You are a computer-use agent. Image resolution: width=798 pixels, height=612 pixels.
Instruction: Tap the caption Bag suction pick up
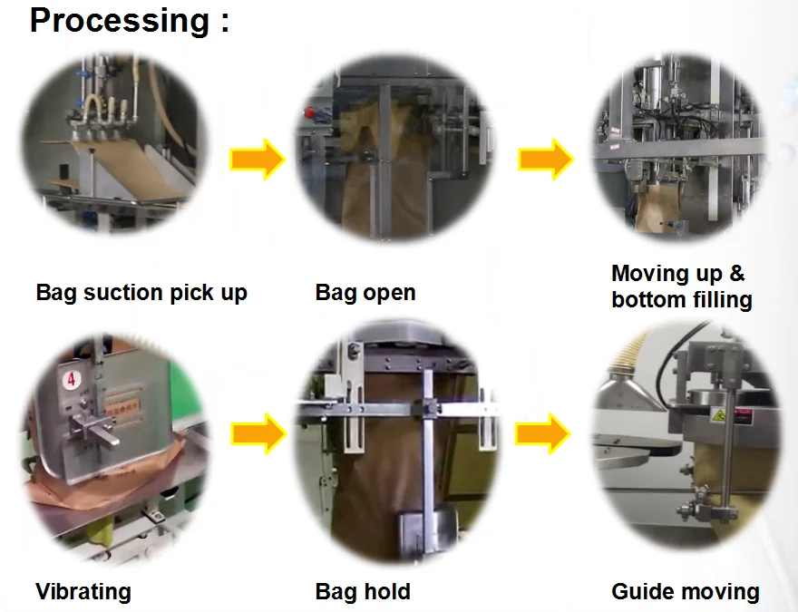click(141, 293)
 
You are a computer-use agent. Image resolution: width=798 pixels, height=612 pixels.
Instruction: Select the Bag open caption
click(365, 293)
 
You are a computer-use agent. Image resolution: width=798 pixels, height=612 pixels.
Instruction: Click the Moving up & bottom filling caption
click(681, 287)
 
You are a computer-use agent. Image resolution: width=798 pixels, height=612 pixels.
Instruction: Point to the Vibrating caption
click(83, 592)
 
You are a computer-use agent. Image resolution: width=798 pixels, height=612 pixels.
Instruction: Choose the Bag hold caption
click(363, 592)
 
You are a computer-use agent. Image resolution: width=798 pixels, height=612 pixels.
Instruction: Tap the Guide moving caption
click(686, 592)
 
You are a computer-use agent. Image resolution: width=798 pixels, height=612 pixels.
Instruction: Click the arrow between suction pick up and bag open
click(258, 160)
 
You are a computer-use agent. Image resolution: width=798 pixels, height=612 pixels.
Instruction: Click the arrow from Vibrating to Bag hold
click(258, 434)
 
